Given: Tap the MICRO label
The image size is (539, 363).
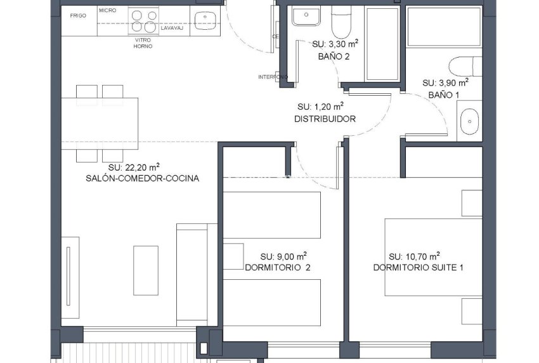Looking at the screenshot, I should (x=107, y=11).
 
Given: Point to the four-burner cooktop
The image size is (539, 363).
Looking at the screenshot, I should (x=143, y=20).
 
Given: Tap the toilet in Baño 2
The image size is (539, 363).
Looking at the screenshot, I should (x=341, y=21).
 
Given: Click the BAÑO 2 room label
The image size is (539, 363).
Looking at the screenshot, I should (x=334, y=56).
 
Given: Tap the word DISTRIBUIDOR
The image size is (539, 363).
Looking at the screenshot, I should (x=325, y=119).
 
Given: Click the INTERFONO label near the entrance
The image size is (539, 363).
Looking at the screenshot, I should (x=273, y=77).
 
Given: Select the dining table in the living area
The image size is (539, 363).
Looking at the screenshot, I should (x=100, y=123).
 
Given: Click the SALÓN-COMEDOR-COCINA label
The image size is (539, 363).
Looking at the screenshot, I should (x=142, y=178).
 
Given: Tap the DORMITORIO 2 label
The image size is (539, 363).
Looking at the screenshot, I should (x=277, y=268).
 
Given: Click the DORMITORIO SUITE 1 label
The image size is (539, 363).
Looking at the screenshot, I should (x=418, y=268).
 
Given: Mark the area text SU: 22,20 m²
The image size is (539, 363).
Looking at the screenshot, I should (x=134, y=167).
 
